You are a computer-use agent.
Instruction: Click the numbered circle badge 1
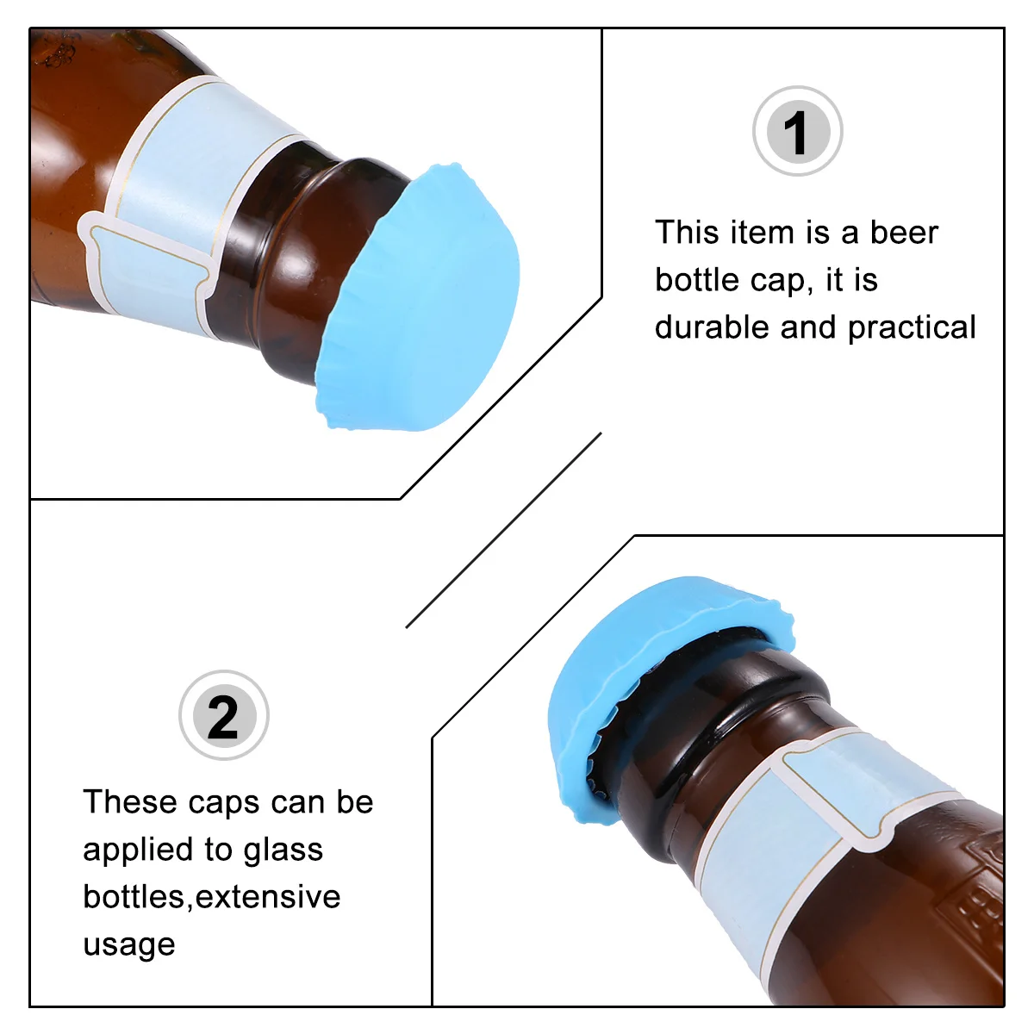click(797, 132)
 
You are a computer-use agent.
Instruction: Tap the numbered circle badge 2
click(223, 716)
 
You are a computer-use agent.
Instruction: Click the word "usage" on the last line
click(129, 945)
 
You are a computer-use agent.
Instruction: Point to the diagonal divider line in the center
click(504, 530)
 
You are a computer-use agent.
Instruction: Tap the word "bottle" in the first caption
click(694, 280)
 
